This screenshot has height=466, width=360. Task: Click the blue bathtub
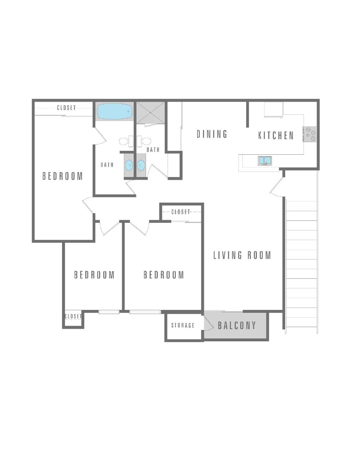pyautogui.click(x=115, y=112)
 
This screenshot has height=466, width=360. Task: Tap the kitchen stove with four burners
pyautogui.click(x=309, y=134)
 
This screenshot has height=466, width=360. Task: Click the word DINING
pyautogui.click(x=212, y=134)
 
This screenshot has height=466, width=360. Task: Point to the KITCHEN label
pyautogui.click(x=276, y=135)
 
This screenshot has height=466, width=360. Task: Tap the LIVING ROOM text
pyautogui.click(x=242, y=255)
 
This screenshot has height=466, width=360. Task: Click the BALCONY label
pyautogui.click(x=237, y=325)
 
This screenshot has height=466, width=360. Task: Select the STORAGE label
pyautogui.click(x=183, y=325)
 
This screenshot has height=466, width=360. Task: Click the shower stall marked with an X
pyautogui.click(x=151, y=113)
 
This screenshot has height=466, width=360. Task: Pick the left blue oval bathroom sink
pyautogui.click(x=129, y=165)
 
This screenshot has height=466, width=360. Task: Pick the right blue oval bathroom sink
pyautogui.click(x=141, y=165)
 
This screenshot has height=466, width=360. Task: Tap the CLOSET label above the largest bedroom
pyautogui.click(x=66, y=108)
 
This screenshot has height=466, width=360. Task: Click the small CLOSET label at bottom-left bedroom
pyautogui.click(x=73, y=316)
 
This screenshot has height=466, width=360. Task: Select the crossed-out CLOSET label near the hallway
pyautogui.click(x=181, y=212)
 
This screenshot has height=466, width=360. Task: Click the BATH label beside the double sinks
pyautogui.click(x=107, y=165)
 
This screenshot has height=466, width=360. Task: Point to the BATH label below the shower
pyautogui.click(x=153, y=150)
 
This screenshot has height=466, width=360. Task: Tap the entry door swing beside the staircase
pyautogui.click(x=277, y=187)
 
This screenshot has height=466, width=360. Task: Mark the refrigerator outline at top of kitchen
pyautogui.click(x=273, y=110)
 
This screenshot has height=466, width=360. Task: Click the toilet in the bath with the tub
pyautogui.click(x=126, y=141)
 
